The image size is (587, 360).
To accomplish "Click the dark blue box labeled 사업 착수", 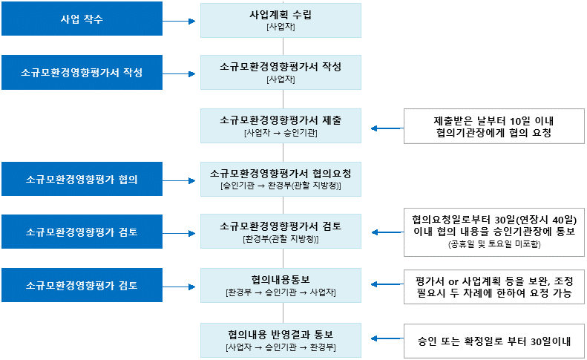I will [82, 19].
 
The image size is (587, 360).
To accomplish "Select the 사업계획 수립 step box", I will [281, 19].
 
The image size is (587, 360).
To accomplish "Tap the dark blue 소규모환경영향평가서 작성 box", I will [82, 72].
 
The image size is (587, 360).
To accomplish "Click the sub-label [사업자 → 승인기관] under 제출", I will [281, 134].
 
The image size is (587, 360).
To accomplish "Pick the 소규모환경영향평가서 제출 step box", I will [281, 125].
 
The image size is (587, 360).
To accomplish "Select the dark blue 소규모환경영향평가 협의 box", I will [82, 180].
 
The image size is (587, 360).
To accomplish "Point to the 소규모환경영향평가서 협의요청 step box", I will [281, 179].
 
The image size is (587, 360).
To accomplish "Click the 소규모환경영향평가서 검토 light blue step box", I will [281, 232].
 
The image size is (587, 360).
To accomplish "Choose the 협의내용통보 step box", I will [281, 285].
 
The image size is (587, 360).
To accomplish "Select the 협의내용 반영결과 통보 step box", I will [281, 338].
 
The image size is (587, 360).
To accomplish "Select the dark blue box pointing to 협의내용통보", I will [82, 285].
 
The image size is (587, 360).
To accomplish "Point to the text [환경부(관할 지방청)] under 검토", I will [281, 240].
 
